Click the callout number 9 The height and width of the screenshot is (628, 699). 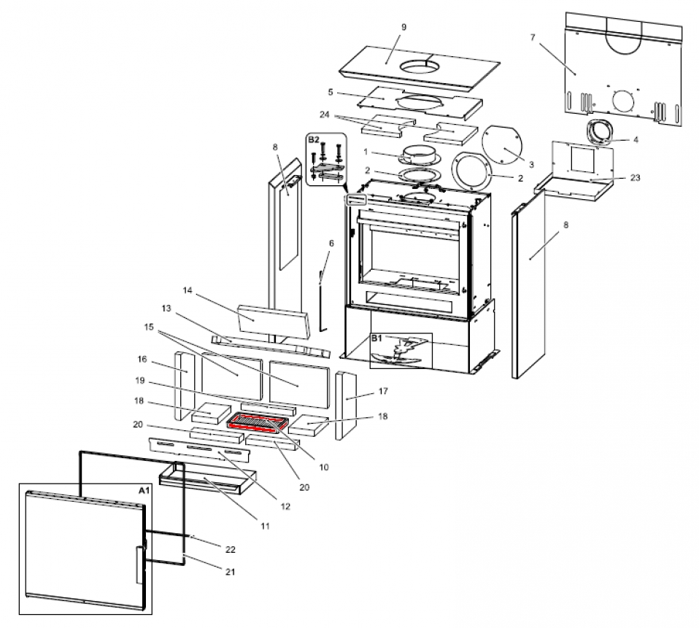pos(403,27)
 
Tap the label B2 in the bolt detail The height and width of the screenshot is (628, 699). pos(314,139)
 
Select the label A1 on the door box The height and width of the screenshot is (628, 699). pos(144,491)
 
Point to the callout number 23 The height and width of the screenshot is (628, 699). pos(635,177)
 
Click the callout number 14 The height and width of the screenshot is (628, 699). pos(188,290)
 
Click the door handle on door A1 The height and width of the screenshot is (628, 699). pos(139,563)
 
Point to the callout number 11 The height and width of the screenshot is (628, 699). pos(265,525)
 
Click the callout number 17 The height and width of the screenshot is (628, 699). pos(382,392)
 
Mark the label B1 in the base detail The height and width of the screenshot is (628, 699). pos(376,338)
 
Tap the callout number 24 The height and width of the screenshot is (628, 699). pos(325,114)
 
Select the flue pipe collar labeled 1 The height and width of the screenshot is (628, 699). pos(419,154)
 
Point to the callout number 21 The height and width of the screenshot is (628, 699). pos(231,572)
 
